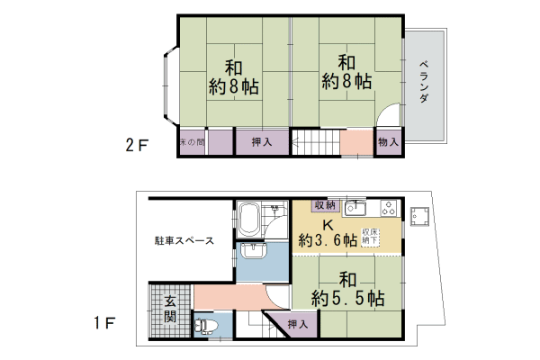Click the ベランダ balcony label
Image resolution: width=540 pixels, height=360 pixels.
click(x=424, y=82)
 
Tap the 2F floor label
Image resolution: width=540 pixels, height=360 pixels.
click(x=137, y=145)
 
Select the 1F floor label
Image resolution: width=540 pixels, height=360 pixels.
click(x=104, y=323)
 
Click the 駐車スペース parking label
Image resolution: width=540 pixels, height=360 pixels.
click(x=184, y=240)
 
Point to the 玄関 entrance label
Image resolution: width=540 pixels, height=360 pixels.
click(x=170, y=309)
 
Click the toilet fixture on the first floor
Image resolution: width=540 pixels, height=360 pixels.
click(x=207, y=326)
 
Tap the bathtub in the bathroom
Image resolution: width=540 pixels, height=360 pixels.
click(x=249, y=220)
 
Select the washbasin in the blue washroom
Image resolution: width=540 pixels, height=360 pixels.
click(x=254, y=250)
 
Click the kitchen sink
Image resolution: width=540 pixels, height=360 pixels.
click(x=355, y=208)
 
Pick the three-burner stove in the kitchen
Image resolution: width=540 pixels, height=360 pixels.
click(x=389, y=208)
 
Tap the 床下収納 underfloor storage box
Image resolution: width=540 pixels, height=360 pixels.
click(x=370, y=237)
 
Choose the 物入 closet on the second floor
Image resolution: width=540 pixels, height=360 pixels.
click(x=388, y=141)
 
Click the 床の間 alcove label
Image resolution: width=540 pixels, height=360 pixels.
click(x=193, y=142)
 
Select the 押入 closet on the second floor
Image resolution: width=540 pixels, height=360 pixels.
click(x=262, y=141)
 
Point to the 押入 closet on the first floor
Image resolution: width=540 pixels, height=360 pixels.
click(x=298, y=324)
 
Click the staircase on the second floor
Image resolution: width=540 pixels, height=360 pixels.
click(x=316, y=142)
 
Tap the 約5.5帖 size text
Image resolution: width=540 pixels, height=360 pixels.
click(x=347, y=298)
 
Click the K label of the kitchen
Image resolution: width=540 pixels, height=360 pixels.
click(x=328, y=225)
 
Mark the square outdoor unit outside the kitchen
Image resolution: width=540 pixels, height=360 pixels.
click(x=419, y=217)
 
